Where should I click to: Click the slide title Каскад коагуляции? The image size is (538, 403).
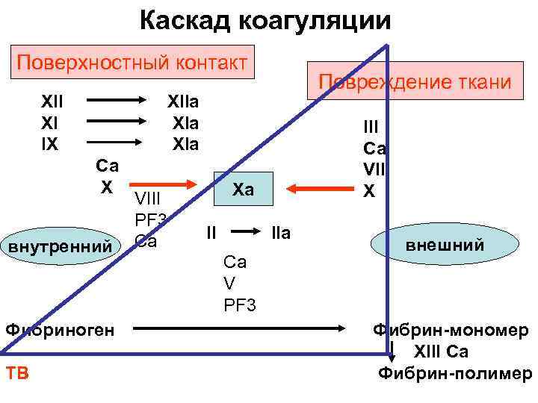(x=265, y=20)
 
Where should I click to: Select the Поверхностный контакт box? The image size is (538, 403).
(x=132, y=61)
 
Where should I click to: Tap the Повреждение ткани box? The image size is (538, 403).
(x=415, y=81)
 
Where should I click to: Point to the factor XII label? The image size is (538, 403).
(x=52, y=101)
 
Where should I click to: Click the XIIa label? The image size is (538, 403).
(x=183, y=101)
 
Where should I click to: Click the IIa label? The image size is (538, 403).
(x=280, y=234)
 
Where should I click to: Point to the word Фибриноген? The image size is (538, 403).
(x=60, y=328)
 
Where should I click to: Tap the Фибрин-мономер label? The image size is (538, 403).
(x=451, y=330)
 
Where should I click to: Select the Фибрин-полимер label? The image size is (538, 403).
(x=454, y=373)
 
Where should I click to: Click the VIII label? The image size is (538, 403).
(x=148, y=199)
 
